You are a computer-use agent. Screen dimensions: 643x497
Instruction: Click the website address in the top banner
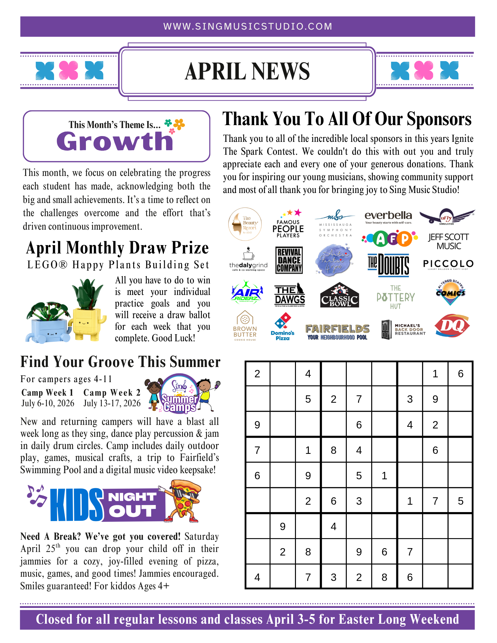pyautogui.click(x=248, y=26)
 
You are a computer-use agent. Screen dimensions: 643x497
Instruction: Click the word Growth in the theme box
pyautogui.click(x=115, y=142)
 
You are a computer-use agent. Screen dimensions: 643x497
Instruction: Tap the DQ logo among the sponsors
pyautogui.click(x=452, y=326)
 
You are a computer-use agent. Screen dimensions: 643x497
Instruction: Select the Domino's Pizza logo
pyautogui.click(x=283, y=327)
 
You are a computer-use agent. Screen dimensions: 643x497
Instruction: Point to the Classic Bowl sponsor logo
pyautogui.click(x=339, y=295)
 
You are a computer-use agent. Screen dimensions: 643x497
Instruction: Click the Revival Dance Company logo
pyautogui.click(x=289, y=260)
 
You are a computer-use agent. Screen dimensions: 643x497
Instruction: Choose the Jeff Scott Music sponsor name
pyautogui.click(x=448, y=241)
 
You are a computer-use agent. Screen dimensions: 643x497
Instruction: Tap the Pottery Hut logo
pyautogui.click(x=396, y=297)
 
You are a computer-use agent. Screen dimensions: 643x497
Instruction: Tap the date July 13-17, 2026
pyautogui.click(x=112, y=403)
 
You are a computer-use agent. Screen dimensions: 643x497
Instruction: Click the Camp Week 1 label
pyautogui.click(x=47, y=392)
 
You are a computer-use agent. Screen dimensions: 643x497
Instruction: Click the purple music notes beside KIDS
pyautogui.click(x=36, y=495)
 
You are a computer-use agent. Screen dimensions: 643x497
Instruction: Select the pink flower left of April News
pyautogui.click(x=69, y=70)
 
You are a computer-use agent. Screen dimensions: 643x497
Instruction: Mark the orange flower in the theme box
pyautogui.click(x=179, y=124)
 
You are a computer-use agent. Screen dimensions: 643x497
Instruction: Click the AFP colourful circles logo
pyautogui.click(x=390, y=238)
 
